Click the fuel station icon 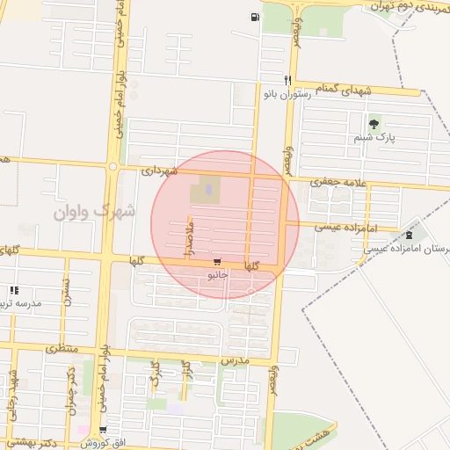point(256,17)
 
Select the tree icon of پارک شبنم point(374,124)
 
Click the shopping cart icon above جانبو point(217,262)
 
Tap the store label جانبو point(217,275)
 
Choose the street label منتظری point(62,349)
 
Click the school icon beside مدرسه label point(13,290)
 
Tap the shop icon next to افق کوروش point(103,431)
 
